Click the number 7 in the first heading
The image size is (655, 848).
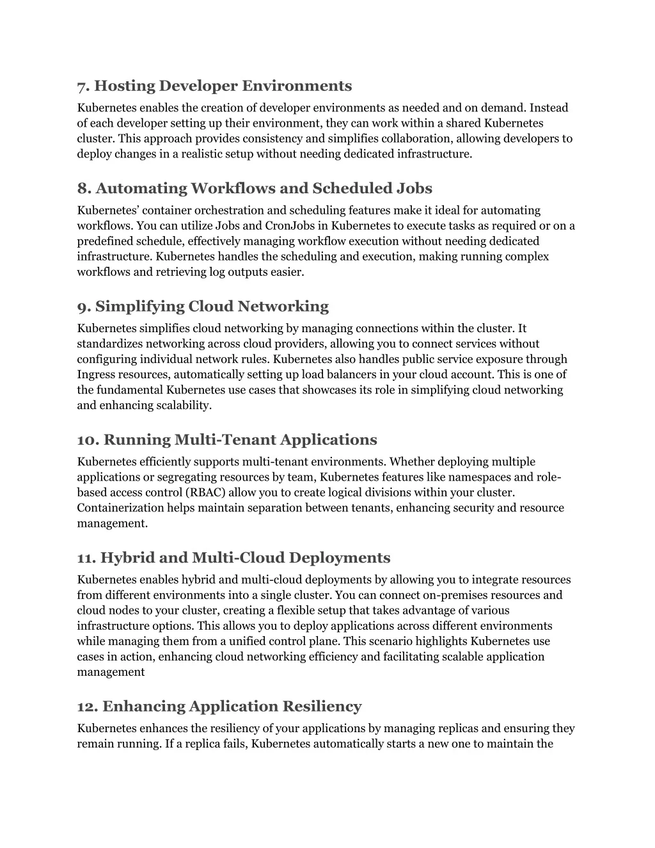click(82, 86)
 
